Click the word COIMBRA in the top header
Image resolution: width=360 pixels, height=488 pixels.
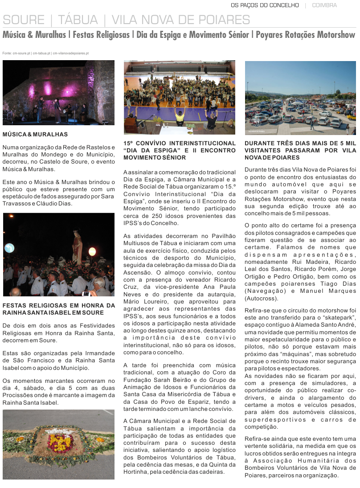[324, 5]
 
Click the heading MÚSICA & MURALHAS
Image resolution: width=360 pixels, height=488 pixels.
[35, 134]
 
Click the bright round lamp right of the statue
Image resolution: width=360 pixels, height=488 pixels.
[92, 251]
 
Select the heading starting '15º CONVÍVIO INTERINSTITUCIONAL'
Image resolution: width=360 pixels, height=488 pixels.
[180, 144]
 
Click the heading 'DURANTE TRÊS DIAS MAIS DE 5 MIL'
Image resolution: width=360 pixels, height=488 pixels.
[300, 144]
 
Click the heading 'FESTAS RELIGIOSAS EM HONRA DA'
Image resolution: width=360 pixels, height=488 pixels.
[58, 305]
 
